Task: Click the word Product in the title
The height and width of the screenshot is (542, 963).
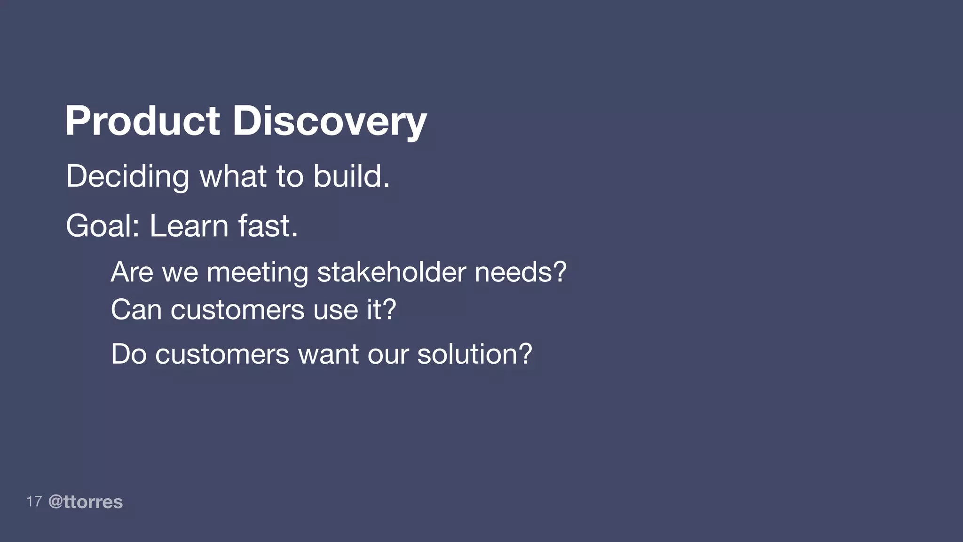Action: (142, 121)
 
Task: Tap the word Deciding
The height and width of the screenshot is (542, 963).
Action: (127, 177)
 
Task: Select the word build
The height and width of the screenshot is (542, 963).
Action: (351, 177)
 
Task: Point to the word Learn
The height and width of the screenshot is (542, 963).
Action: (189, 226)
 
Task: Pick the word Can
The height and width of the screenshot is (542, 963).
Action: (136, 310)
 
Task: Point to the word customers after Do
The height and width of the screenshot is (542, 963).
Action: (222, 354)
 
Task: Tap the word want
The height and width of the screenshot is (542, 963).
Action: (328, 354)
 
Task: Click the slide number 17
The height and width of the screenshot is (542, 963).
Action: (34, 502)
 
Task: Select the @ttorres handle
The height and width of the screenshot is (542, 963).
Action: (86, 502)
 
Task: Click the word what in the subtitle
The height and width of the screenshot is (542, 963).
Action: (233, 177)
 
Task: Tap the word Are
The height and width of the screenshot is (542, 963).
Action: (132, 272)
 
